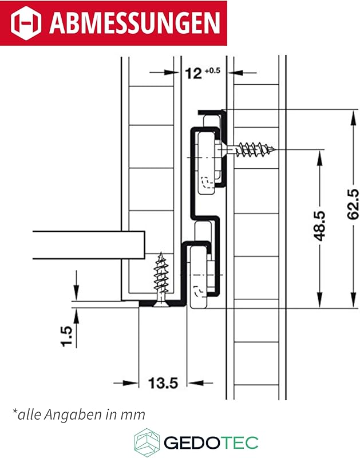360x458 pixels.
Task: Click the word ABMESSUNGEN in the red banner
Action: pos(134,23)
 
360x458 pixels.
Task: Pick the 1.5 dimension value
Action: pos(68,337)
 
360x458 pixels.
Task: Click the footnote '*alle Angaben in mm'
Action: pos(78,413)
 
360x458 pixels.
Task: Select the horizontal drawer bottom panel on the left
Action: pos(86,244)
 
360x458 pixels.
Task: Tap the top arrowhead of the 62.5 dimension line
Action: pos(350,114)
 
